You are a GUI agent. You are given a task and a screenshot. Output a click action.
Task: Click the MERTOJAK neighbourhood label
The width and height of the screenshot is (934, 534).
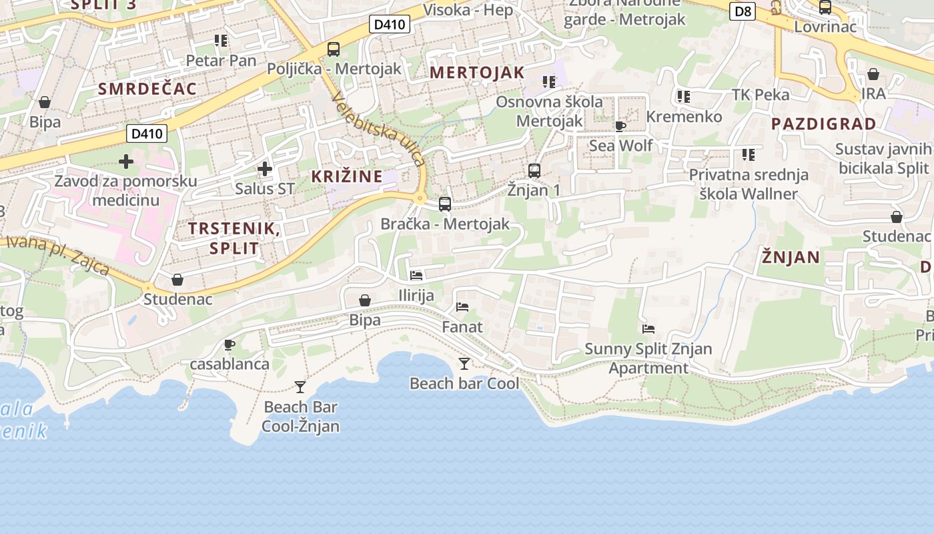click(x=477, y=72)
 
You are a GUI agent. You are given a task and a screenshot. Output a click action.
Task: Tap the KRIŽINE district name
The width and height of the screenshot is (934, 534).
click(x=347, y=176)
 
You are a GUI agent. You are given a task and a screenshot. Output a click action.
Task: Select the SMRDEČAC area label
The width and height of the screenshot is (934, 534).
click(x=147, y=89)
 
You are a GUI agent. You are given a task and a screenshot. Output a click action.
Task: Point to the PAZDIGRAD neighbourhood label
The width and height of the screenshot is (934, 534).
click(x=824, y=123)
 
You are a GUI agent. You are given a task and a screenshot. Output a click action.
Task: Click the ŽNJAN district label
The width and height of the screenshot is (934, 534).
click(x=791, y=257)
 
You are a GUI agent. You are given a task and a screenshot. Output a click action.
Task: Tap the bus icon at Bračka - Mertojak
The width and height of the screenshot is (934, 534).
click(x=445, y=204)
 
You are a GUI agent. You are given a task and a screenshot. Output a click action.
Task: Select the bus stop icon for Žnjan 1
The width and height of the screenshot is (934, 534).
click(x=534, y=170)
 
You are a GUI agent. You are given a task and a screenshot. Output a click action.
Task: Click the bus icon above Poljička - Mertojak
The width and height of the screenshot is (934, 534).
click(x=334, y=49)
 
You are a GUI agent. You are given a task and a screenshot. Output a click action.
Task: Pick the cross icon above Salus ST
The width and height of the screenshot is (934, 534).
click(x=265, y=169)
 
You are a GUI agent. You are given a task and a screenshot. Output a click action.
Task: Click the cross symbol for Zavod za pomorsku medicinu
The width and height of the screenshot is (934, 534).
click(x=126, y=162)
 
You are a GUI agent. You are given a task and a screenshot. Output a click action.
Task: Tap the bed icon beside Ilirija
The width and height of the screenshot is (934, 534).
click(x=416, y=275)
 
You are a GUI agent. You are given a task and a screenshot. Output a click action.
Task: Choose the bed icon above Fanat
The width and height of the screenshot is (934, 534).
click(x=462, y=307)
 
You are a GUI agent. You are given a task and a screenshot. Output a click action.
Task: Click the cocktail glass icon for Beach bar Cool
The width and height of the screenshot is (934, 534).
click(x=464, y=363)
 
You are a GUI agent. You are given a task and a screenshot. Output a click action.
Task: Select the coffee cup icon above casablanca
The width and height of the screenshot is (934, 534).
click(x=229, y=344)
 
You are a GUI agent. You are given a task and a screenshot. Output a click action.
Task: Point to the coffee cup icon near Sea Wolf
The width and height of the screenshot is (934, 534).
click(x=620, y=126)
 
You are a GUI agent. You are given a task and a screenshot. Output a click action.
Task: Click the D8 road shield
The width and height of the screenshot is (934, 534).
click(x=742, y=11)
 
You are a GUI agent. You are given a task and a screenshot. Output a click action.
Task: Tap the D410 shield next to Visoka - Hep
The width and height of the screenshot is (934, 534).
click(x=389, y=25)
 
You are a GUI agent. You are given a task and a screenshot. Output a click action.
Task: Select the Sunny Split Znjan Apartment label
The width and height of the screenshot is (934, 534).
click(x=648, y=358)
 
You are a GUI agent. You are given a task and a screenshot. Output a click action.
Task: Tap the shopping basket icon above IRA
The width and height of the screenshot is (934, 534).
click(x=873, y=74)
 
